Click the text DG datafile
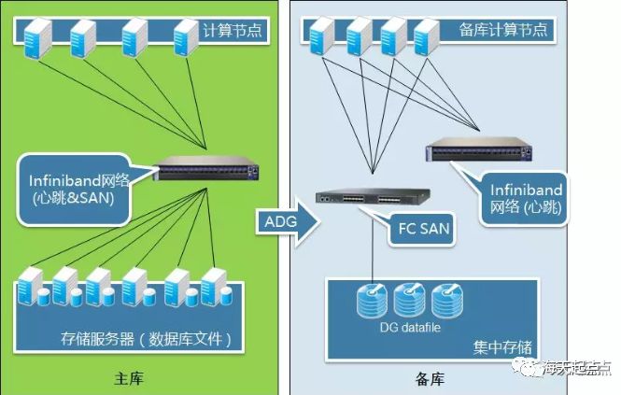410,325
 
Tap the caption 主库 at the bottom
138,379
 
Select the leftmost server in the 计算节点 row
38,36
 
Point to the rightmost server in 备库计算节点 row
426,36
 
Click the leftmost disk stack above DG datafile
373,300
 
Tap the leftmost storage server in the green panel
32,287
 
